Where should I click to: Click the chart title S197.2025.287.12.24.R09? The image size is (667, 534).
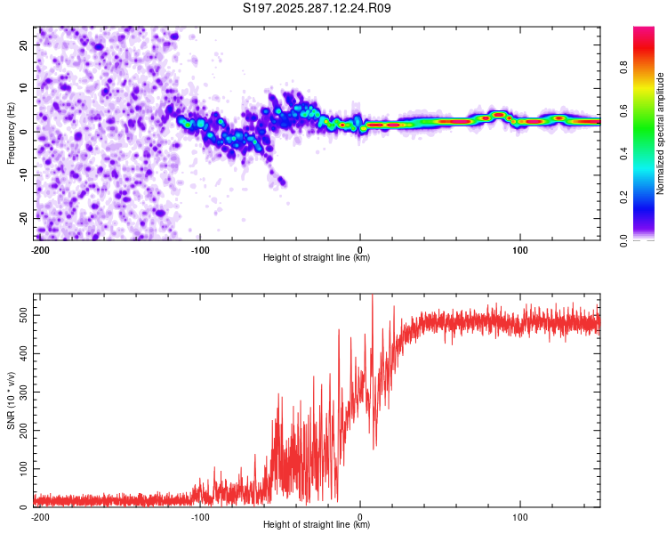coord(317,8)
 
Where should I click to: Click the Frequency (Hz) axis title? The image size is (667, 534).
coord(11,133)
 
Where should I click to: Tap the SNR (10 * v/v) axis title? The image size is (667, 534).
coord(11,400)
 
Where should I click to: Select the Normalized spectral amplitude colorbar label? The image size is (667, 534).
coord(661,133)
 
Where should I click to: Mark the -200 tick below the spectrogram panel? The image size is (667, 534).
coord(39,250)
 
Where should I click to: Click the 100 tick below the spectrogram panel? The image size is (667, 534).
coord(520,250)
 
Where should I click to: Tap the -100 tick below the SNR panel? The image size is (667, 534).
coord(199,517)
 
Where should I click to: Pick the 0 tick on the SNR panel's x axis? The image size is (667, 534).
coord(360,517)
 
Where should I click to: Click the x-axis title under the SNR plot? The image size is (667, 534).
coord(317,526)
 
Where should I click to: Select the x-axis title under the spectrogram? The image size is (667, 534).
coord(317,258)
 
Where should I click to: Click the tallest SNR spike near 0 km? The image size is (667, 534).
coord(372,297)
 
